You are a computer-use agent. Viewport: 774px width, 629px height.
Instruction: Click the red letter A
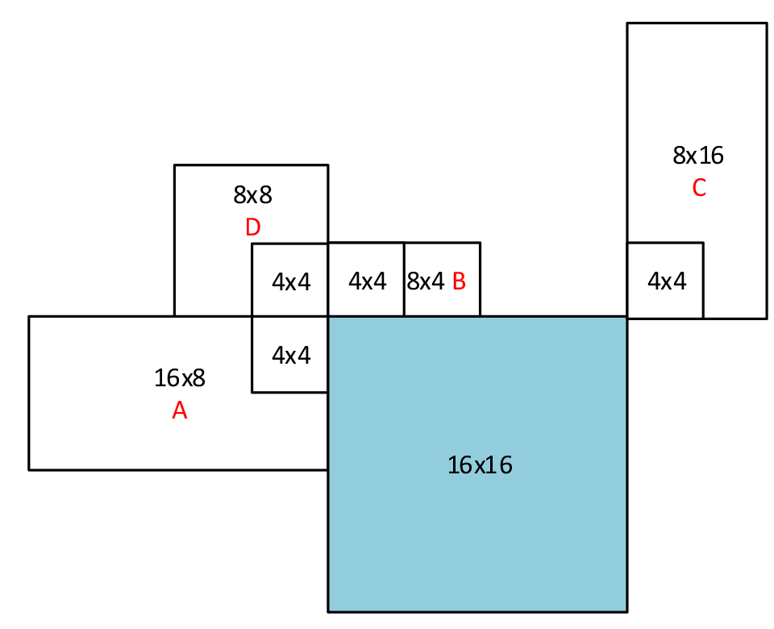[180, 411]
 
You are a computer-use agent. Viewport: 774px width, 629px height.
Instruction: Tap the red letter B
[459, 281]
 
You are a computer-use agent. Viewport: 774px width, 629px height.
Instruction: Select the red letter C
[699, 188]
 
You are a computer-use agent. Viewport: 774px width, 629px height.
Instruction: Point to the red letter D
[252, 228]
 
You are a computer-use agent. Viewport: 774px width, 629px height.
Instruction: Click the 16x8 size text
[180, 377]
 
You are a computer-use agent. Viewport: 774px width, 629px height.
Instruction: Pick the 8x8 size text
[252, 194]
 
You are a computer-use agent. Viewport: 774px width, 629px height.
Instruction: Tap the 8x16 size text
[698, 155]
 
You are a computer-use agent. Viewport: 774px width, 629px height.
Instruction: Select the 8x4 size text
[426, 281]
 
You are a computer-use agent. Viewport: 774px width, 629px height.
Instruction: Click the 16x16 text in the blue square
[480, 464]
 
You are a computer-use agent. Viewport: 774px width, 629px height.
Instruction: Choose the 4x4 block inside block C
[665, 281]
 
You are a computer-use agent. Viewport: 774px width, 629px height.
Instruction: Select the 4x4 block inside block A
[290, 355]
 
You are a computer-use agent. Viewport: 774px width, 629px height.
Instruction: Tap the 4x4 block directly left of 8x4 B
[366, 281]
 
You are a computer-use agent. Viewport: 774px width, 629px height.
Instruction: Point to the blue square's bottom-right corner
[626, 610]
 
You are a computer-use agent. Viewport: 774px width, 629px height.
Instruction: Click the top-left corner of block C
[627, 23]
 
